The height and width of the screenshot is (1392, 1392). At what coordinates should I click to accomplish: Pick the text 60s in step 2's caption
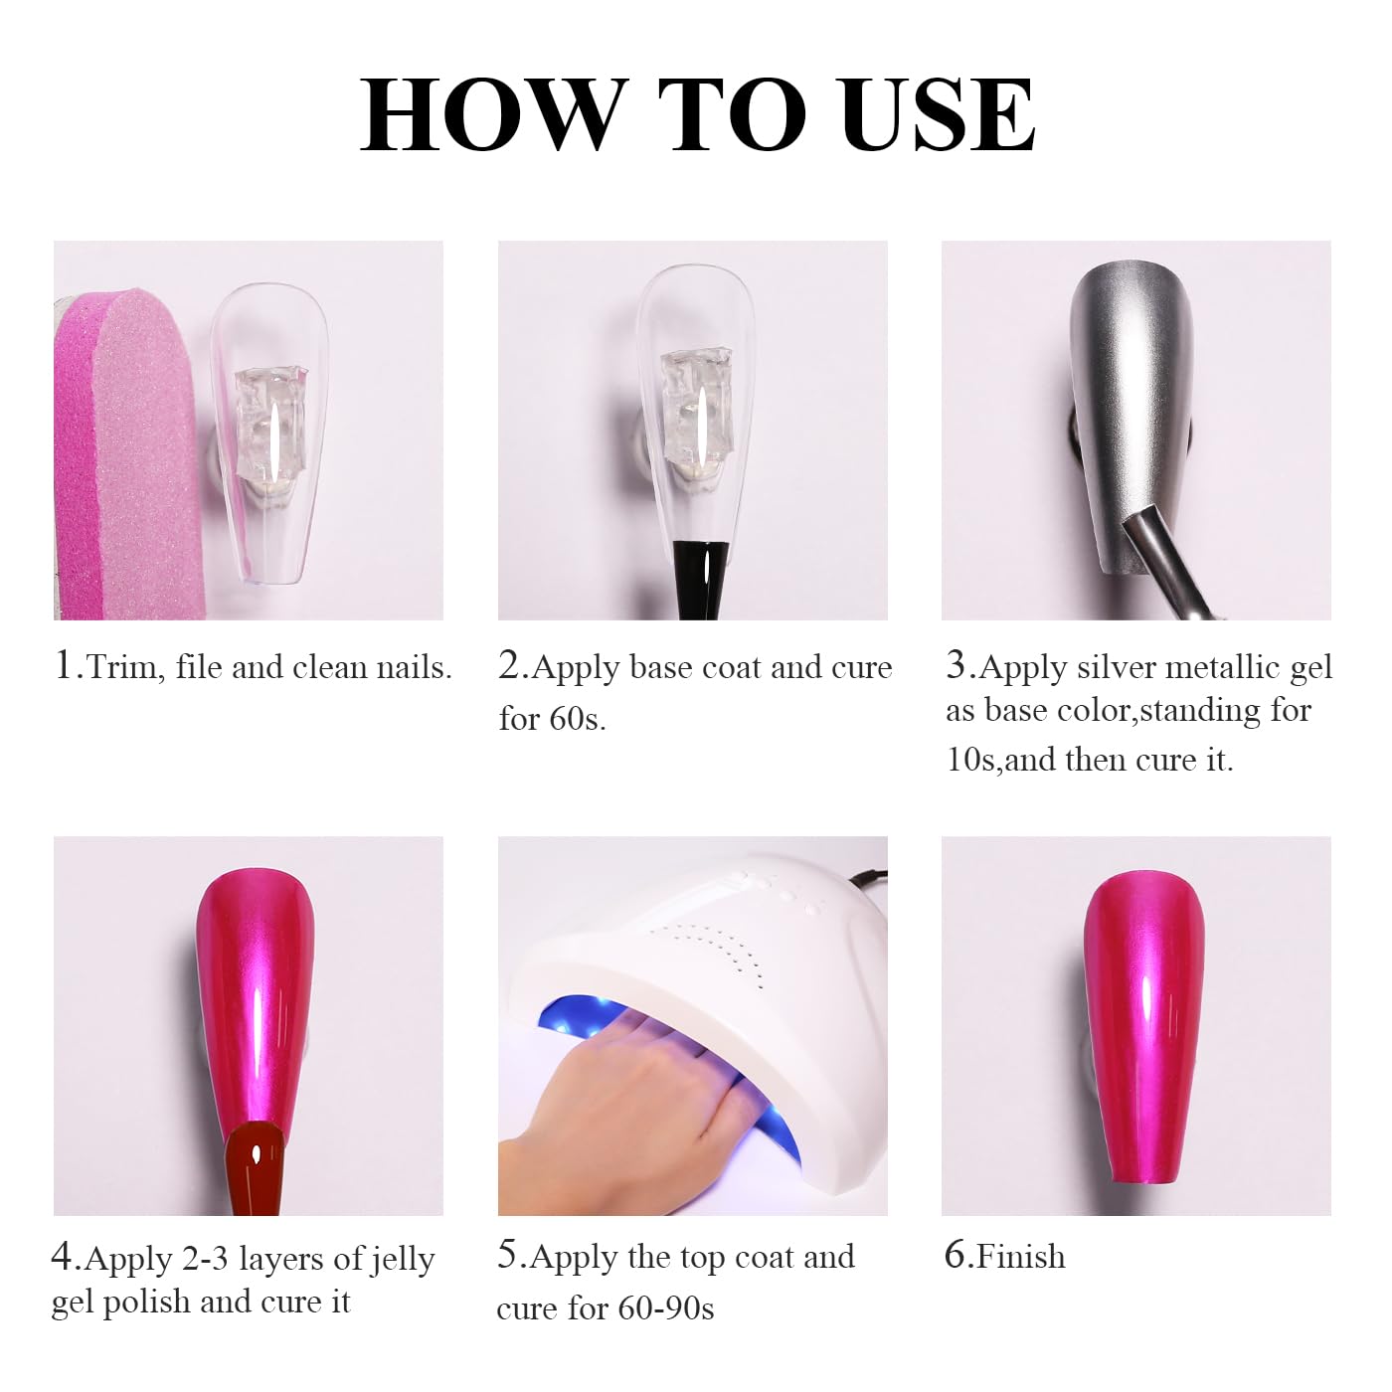pyautogui.click(x=577, y=719)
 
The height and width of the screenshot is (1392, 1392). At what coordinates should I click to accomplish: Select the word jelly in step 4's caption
pyautogui.click(x=403, y=1261)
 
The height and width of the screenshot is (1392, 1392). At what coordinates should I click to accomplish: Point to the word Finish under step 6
pyautogui.click(x=1020, y=1257)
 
